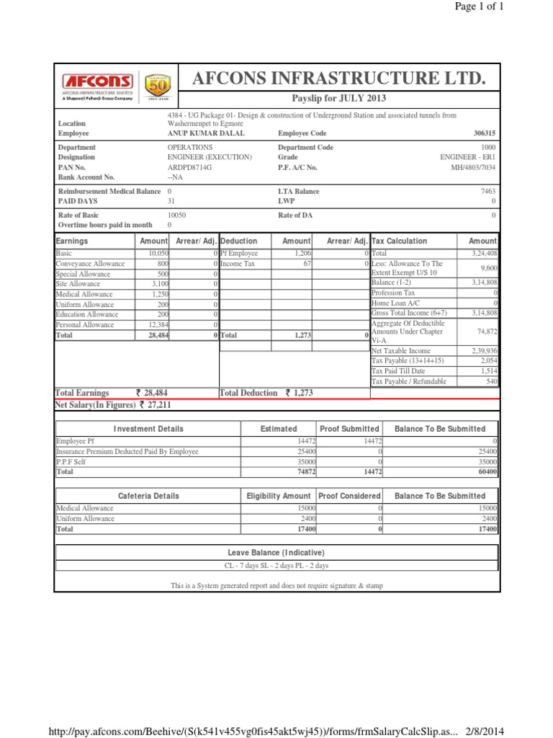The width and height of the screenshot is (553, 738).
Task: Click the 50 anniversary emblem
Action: point(158,87)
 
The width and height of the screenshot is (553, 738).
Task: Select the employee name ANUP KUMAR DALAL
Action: point(206,133)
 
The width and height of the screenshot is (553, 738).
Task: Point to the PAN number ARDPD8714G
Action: point(190,166)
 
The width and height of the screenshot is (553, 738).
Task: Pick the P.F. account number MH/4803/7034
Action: point(473,166)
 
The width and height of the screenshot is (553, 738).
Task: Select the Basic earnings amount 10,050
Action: point(158,254)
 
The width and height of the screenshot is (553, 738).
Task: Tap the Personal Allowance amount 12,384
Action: point(158,325)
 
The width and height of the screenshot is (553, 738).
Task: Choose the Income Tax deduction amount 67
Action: point(307,264)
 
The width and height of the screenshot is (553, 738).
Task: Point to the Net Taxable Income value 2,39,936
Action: point(482,350)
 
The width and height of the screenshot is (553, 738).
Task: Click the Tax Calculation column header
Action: point(399,241)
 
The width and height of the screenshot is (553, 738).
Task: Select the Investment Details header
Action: point(148,429)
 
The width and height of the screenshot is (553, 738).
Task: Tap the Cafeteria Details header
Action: point(148,496)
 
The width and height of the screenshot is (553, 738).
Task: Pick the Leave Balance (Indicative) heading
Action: point(276,552)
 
